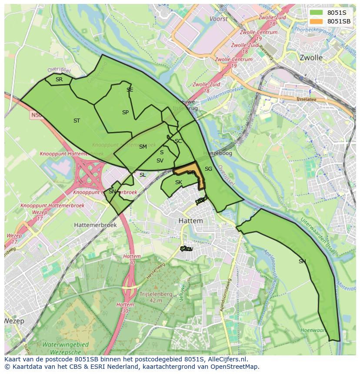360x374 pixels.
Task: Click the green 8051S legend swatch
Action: click(317, 13)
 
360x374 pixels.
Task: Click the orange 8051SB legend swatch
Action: click(317, 21)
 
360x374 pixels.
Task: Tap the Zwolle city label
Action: click(311, 57)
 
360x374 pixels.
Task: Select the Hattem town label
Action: click(190, 221)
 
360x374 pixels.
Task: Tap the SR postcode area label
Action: click(59, 79)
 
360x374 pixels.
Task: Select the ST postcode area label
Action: click(77, 121)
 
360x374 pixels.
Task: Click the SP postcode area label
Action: click(125, 113)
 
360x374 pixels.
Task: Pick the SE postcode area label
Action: click(130, 90)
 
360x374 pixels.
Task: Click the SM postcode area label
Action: click(143, 147)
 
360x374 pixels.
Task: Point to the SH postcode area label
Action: click(302, 261)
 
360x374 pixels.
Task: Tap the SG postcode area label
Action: click(208, 169)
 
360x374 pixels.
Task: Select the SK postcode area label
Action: click(178, 182)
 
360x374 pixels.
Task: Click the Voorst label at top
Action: click(218, 19)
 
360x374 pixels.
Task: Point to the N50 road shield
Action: click(36, 115)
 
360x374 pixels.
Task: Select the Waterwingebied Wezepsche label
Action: click(65, 348)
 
